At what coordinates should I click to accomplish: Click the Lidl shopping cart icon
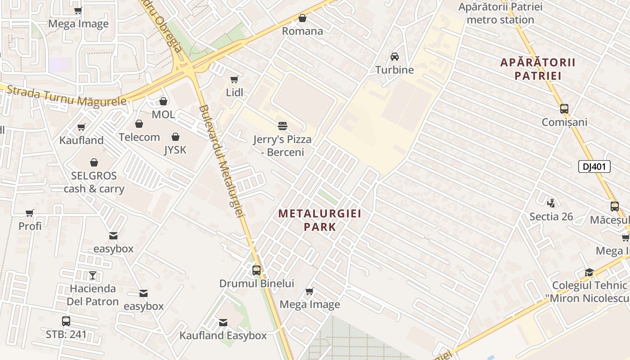pos(234,80)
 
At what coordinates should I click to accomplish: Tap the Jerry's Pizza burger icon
pos(283,126)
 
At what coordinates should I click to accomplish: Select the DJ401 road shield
pos(594,166)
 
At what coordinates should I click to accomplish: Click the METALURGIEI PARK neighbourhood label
pos(319,220)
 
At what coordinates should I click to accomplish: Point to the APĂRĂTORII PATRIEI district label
pos(538,69)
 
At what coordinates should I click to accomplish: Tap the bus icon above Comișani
pos(564,108)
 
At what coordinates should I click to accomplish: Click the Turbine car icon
pos(395,56)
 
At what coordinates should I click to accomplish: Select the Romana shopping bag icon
pos(302,18)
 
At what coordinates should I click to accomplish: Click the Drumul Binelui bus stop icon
pos(256,270)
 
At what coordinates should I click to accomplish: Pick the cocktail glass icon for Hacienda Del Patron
pos(92,275)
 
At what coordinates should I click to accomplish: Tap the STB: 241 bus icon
pos(66,321)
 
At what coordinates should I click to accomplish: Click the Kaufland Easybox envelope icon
pos(223,322)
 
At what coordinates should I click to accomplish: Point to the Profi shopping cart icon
pos(30,213)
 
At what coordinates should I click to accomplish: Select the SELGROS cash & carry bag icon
pos(94,162)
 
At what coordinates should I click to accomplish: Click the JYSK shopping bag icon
pos(175,137)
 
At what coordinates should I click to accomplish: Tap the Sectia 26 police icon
pos(551,203)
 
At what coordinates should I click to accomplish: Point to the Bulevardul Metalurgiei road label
pos(221,162)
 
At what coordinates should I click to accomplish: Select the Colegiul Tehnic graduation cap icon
pos(589,272)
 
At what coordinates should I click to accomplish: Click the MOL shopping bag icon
pos(163,101)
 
